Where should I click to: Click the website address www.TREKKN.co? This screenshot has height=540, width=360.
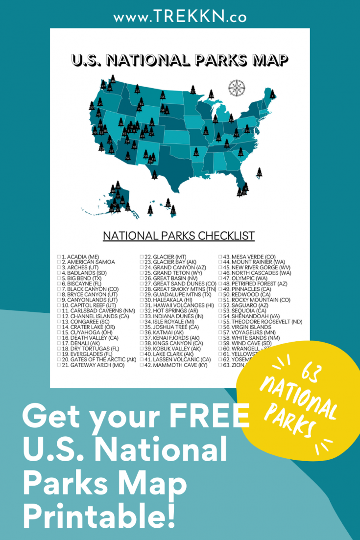[180, 18]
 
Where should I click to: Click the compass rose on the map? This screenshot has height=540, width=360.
[237, 88]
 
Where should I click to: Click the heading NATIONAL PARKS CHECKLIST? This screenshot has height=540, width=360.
[179, 236]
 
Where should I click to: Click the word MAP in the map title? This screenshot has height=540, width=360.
[264, 60]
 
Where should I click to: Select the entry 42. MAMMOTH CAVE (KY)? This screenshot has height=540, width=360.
[174, 365]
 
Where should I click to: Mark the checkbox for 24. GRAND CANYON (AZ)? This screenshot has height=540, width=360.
[141, 267]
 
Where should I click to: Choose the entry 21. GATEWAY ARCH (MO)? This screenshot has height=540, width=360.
[91, 365]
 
